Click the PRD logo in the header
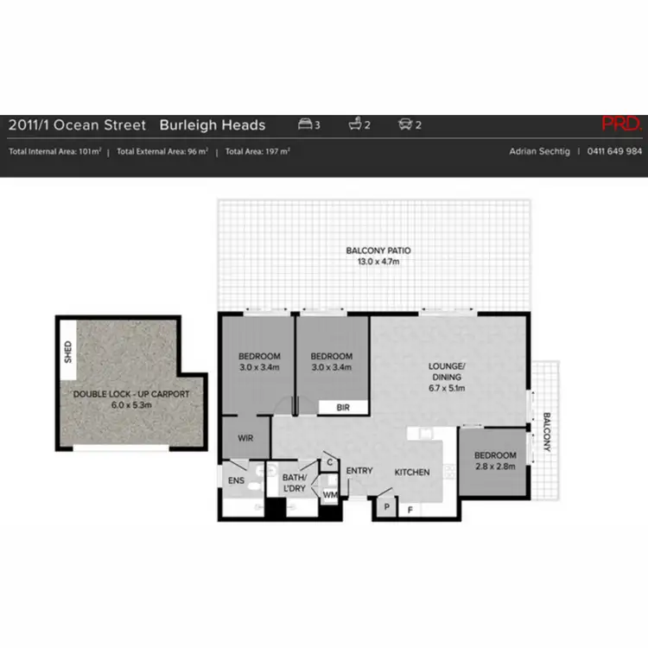pyautogui.click(x=621, y=124)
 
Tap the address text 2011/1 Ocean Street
pyautogui.click(x=77, y=124)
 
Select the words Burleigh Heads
pyautogui.click(x=213, y=124)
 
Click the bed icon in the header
pyautogui.click(x=305, y=124)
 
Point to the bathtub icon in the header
pyautogui.click(x=355, y=124)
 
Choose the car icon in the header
pyautogui.click(x=404, y=124)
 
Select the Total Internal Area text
pyautogui.click(x=55, y=151)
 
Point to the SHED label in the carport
pyautogui.click(x=68, y=353)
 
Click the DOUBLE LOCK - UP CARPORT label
pyautogui.click(x=131, y=394)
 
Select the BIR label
pyautogui.click(x=343, y=407)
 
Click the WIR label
pyautogui.click(x=245, y=438)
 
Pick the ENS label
pyautogui.click(x=236, y=480)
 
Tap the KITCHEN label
pyautogui.click(x=412, y=472)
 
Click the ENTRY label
pyautogui.click(x=359, y=470)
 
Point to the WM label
pyautogui.click(x=329, y=495)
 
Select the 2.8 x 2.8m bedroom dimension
pyautogui.click(x=495, y=466)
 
